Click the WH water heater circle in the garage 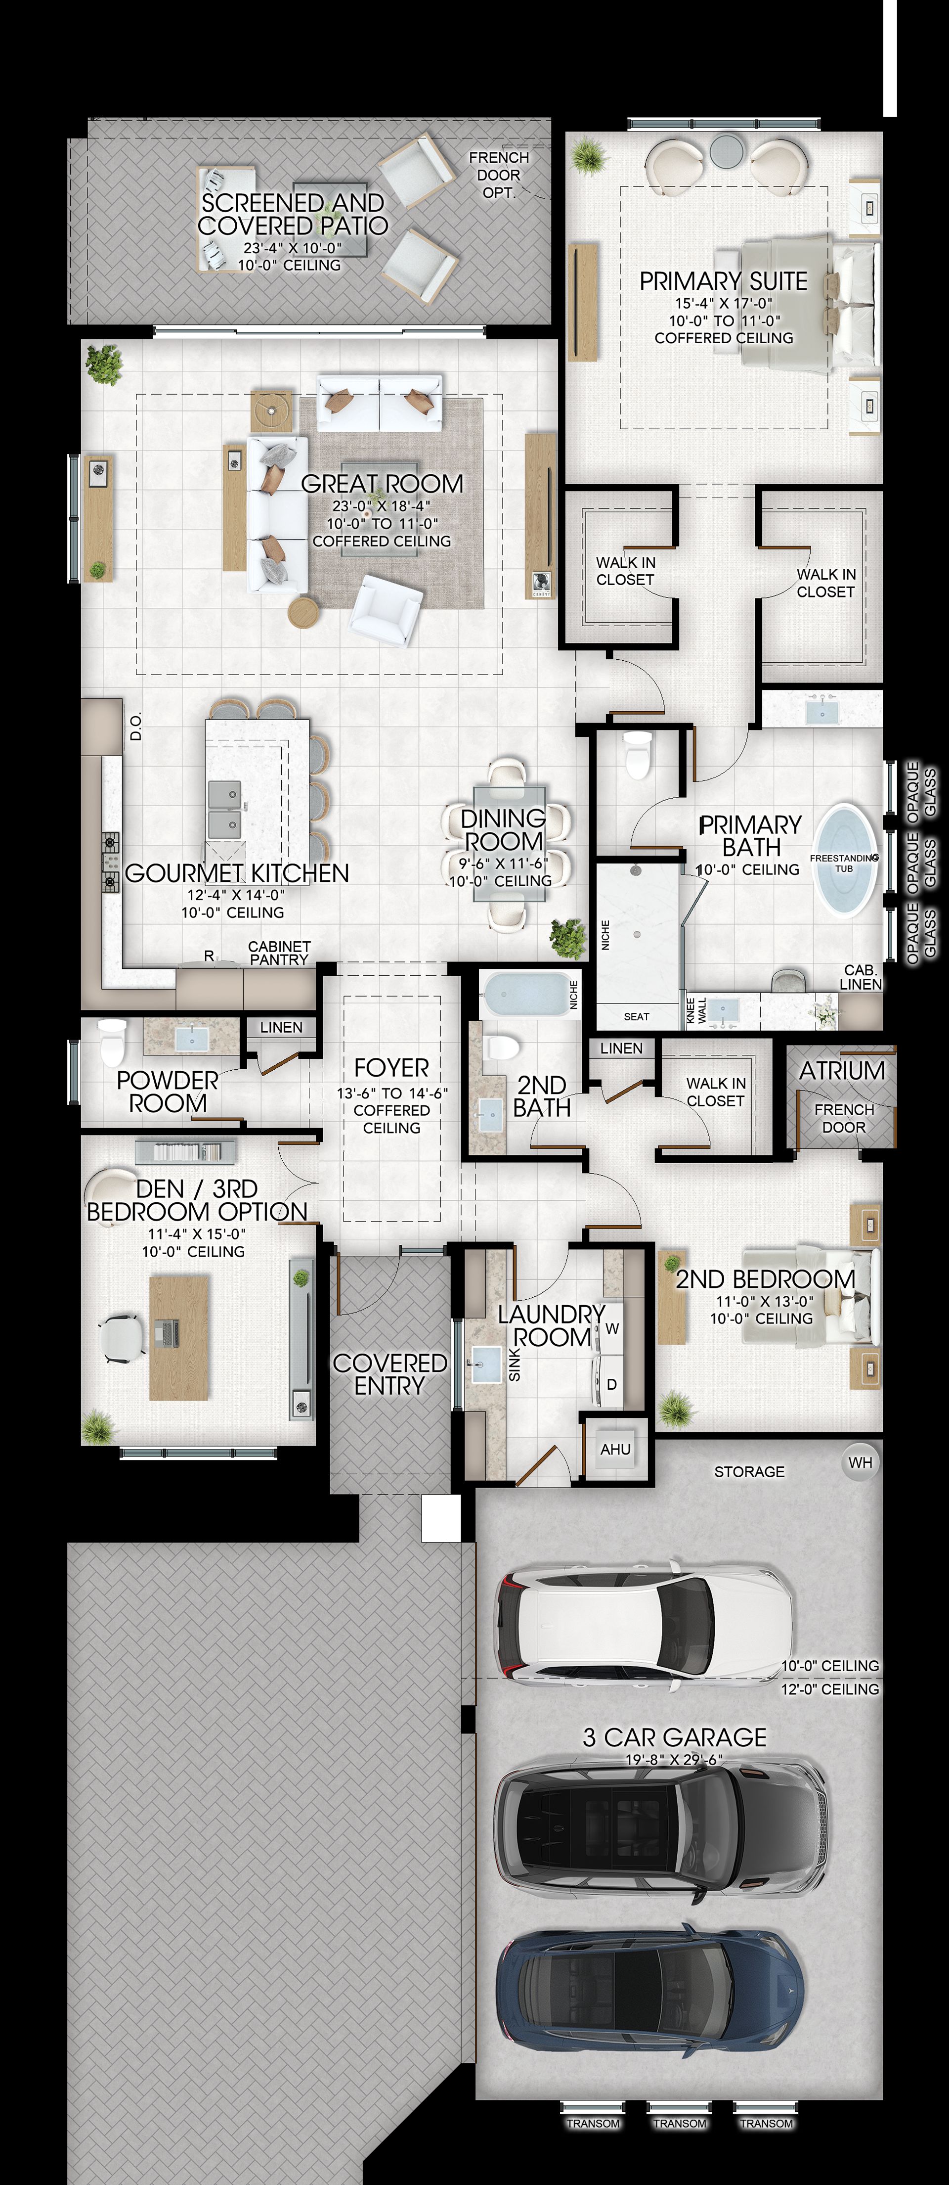(x=860, y=1462)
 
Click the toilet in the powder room (x=112, y=1042)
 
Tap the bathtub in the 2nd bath (x=526, y=993)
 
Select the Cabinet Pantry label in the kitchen (x=279, y=953)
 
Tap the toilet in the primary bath (x=637, y=753)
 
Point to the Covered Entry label (x=389, y=1374)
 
